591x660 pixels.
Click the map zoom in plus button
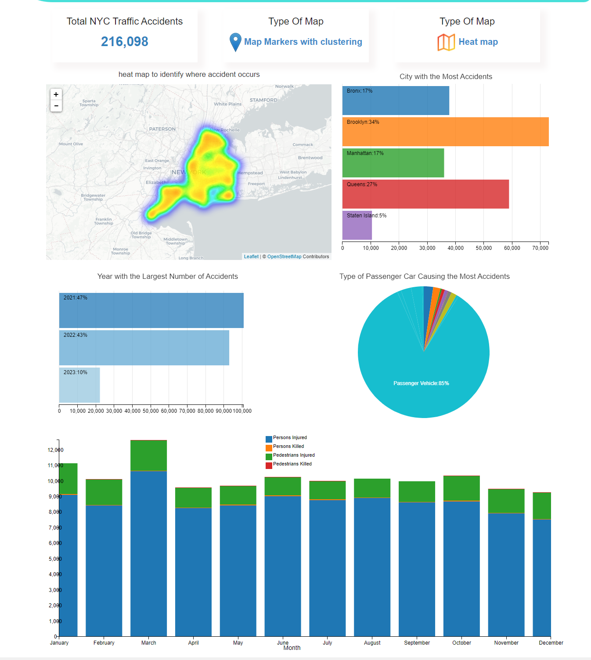[x=56, y=94]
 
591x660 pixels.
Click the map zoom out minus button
[x=56, y=106]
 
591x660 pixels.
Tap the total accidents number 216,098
[x=125, y=42]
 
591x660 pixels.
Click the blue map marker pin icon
[x=235, y=42]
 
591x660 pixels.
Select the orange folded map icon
[x=446, y=42]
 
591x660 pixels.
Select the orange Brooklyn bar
[x=445, y=132]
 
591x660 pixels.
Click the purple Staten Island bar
[x=357, y=226]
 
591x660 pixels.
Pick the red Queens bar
[x=425, y=194]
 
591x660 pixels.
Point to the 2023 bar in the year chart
[x=79, y=385]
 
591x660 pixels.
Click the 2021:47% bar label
[x=76, y=298]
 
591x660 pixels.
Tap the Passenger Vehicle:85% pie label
[x=421, y=383]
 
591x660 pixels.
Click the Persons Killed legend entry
[x=288, y=447]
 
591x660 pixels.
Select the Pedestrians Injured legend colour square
[x=269, y=457]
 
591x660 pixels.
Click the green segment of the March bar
[x=148, y=455]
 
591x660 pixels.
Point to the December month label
[x=551, y=643]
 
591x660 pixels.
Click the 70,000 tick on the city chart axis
[x=540, y=248]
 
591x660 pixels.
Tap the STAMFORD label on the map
[x=263, y=100]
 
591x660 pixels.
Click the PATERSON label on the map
[x=162, y=129]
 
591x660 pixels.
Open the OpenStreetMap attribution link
[x=284, y=256]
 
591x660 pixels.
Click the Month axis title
[x=292, y=648]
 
